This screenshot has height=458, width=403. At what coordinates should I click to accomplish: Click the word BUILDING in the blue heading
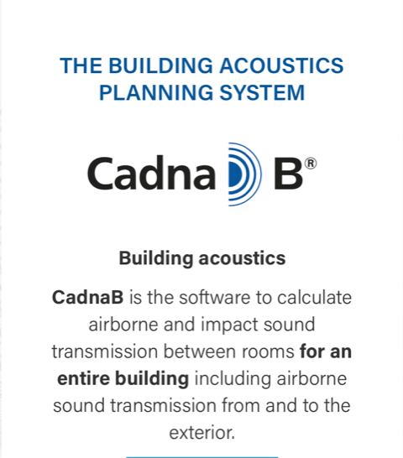[x=160, y=65]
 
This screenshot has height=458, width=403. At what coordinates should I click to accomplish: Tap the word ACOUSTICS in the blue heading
[x=281, y=65]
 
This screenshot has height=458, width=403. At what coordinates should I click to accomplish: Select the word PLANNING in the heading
[x=156, y=92]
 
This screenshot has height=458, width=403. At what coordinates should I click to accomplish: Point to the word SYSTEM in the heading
[x=262, y=92]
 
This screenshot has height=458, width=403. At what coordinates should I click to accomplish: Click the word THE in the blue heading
[x=81, y=65]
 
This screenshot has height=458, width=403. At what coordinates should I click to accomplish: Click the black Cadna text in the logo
[x=151, y=173]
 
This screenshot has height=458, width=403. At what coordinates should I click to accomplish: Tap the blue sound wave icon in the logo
[x=244, y=174]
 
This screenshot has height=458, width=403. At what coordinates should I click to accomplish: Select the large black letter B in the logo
[x=288, y=174]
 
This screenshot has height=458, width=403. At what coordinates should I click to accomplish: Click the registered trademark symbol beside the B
[x=311, y=164]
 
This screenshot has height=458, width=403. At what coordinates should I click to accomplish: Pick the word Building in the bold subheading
[x=156, y=259]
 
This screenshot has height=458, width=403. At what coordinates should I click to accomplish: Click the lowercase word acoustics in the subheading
[x=242, y=259]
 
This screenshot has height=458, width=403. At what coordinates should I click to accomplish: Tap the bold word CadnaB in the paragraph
[x=87, y=297]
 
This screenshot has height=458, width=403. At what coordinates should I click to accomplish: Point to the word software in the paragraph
[x=215, y=297]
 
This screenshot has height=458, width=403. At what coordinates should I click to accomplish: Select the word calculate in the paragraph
[x=314, y=297]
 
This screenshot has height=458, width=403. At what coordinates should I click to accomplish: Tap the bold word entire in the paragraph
[x=83, y=378]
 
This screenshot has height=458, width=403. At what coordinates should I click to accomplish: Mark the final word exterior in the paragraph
[x=201, y=433]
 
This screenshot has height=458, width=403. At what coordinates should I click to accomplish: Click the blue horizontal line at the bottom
[x=201, y=457]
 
